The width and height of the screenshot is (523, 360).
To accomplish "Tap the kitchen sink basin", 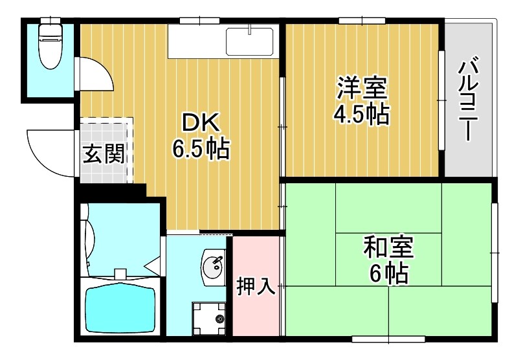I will point(250,43).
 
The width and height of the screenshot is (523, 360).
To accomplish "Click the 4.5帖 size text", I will point(361,115).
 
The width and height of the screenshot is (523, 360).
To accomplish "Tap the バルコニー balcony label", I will point(469,100).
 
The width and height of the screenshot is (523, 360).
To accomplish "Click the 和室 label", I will point(388,247).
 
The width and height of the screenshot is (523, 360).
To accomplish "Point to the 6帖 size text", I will point(388,274).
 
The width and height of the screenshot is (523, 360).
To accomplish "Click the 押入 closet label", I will point(256,285).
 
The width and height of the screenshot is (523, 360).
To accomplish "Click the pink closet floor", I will point(256,311).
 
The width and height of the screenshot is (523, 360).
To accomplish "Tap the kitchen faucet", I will point(250,29).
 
